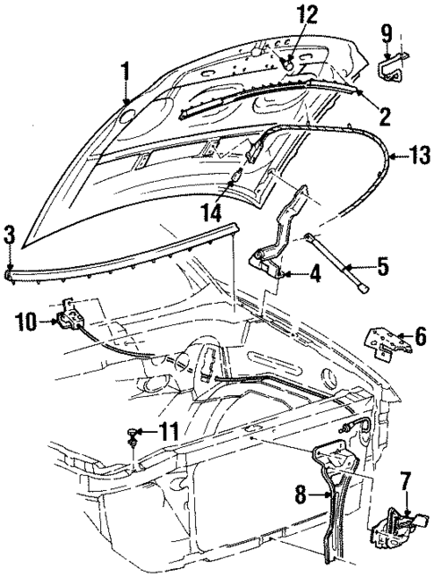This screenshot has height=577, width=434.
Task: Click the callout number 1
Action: pos(126,71)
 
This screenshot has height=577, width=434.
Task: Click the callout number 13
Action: pos(418,157)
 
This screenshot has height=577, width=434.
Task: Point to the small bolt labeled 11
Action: pos(133,436)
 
